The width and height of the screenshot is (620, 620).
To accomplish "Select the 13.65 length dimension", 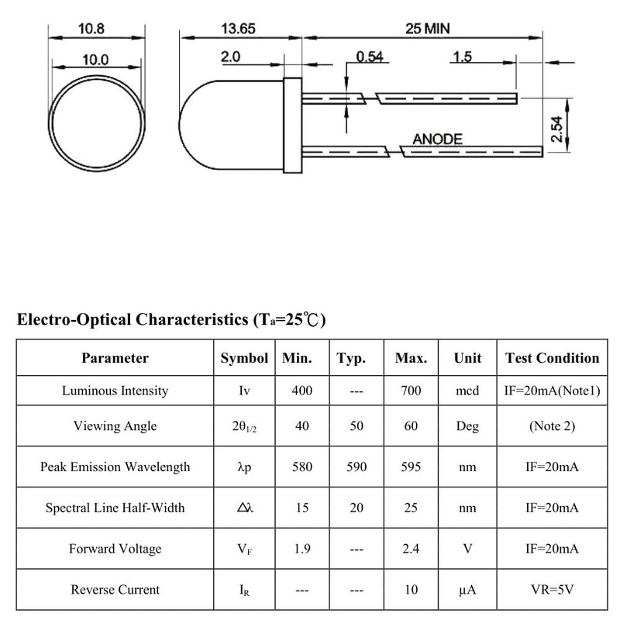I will (238, 30).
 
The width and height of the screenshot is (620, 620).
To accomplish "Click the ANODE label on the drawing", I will (437, 139).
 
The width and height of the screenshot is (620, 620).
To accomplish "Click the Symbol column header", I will (244, 358).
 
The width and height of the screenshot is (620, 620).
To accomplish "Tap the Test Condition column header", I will (552, 358).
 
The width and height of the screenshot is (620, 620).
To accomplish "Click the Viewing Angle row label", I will (115, 426).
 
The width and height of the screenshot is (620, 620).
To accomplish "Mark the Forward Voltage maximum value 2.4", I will (411, 549).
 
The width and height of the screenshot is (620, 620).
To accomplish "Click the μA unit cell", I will (467, 590).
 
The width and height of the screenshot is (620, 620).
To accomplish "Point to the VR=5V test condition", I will (552, 590).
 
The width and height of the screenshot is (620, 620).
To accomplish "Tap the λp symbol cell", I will (244, 467).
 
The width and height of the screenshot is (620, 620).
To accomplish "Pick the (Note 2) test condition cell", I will (552, 426).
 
